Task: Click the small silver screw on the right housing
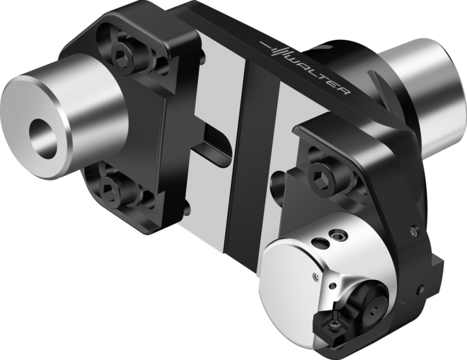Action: [x=413, y=231]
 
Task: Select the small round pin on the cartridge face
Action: [x=315, y=276]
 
